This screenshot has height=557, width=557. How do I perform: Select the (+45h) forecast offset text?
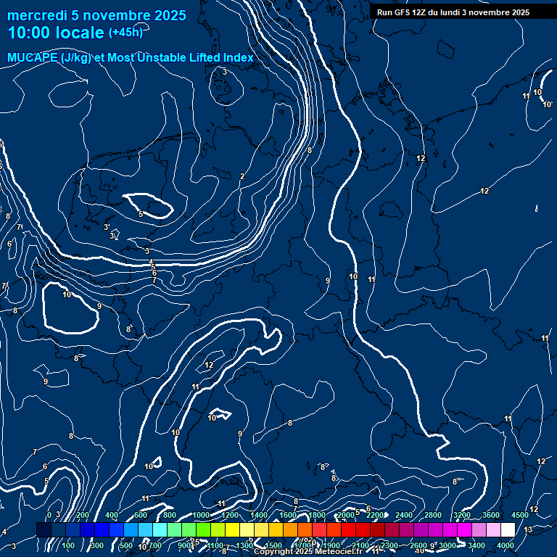click(125, 33)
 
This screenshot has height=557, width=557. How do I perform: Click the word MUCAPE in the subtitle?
click(33, 58)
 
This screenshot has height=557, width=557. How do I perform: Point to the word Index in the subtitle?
click(236, 58)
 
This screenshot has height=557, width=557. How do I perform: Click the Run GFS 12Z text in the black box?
click(402, 12)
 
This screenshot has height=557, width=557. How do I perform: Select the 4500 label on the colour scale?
click(519, 515)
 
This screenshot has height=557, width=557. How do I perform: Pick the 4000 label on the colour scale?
click(506, 545)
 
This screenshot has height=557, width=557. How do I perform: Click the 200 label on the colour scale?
click(83, 515)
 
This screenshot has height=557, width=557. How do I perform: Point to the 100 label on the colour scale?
click(68, 545)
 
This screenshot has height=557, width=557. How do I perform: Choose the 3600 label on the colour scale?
click(491, 515)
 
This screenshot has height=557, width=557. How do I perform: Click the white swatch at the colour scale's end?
click(507, 530)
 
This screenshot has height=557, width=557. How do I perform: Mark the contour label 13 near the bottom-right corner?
click(528, 530)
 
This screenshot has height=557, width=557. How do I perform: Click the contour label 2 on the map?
click(242, 176)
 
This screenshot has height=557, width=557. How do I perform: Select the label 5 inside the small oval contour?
click(141, 214)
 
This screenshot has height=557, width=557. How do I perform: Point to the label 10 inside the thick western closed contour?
click(67, 294)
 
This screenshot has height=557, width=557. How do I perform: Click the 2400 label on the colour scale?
click(404, 515)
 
